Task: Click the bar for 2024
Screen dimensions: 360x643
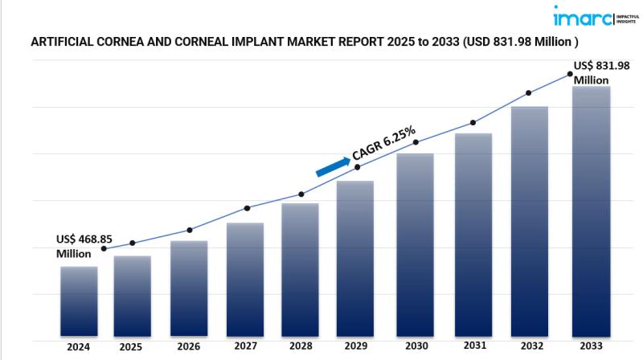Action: click(x=79, y=301)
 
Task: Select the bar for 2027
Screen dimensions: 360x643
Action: click(x=245, y=280)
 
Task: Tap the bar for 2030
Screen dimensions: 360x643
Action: click(x=415, y=245)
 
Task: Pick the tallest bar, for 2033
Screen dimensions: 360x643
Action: click(x=591, y=211)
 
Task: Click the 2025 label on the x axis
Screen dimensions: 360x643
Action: click(x=131, y=348)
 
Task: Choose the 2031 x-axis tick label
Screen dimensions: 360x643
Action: click(x=474, y=346)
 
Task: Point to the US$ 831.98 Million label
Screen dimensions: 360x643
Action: click(x=601, y=73)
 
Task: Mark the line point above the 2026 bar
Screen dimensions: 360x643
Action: click(x=190, y=230)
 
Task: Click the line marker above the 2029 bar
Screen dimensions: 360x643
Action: click(x=358, y=167)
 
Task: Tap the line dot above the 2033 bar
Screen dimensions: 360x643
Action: click(x=570, y=74)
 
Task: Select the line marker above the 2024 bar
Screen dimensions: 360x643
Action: click(x=104, y=249)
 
